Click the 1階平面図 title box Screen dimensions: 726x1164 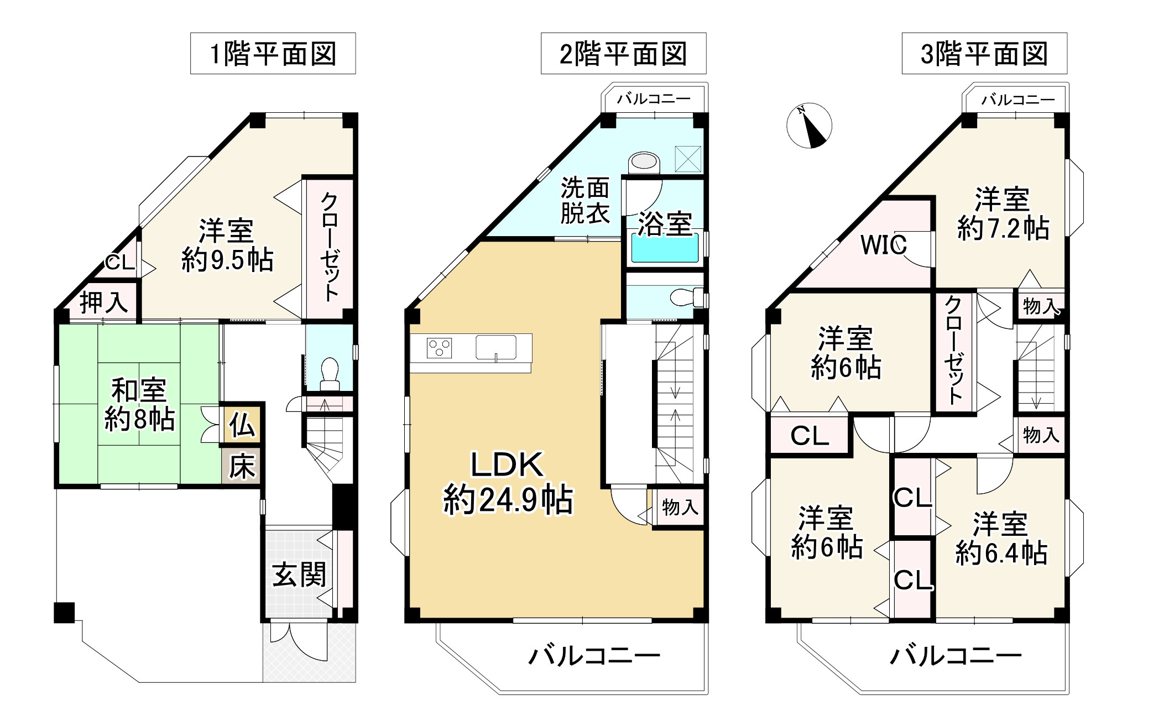click(x=273, y=54)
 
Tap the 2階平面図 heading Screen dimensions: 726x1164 click(x=623, y=54)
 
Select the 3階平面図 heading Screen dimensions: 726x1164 click(x=984, y=54)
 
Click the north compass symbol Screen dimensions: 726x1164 click(x=809, y=126)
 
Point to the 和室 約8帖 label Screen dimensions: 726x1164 click(x=139, y=405)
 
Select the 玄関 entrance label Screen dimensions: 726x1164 click(x=299, y=575)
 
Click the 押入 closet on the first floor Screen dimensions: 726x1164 click(x=103, y=302)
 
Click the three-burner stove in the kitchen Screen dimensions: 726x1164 click(x=440, y=348)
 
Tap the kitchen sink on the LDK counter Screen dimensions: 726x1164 click(x=495, y=347)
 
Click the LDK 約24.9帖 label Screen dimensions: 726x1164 click(x=507, y=482)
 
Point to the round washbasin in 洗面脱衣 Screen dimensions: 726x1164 click(x=644, y=162)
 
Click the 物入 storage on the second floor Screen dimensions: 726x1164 click(x=680, y=507)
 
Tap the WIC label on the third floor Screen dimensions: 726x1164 click(x=883, y=245)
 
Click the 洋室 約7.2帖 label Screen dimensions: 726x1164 click(x=1003, y=214)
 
